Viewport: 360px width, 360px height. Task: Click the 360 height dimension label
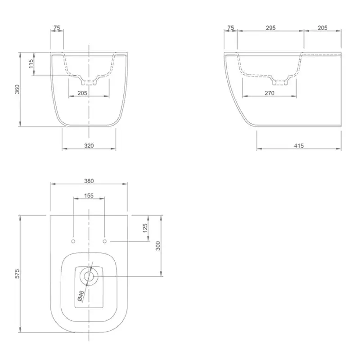(x=17, y=89)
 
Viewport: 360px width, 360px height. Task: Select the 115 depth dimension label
(x=31, y=63)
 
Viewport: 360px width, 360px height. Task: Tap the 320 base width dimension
(x=89, y=145)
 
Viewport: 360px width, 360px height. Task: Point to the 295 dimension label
(x=271, y=28)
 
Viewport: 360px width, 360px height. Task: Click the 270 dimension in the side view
(x=270, y=93)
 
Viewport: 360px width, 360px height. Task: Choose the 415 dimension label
(x=299, y=145)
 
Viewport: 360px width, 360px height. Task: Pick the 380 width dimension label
(x=89, y=181)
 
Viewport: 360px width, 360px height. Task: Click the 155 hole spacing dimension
(x=89, y=196)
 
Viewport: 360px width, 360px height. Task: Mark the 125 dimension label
(x=145, y=228)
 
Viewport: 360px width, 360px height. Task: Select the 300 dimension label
(x=158, y=246)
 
